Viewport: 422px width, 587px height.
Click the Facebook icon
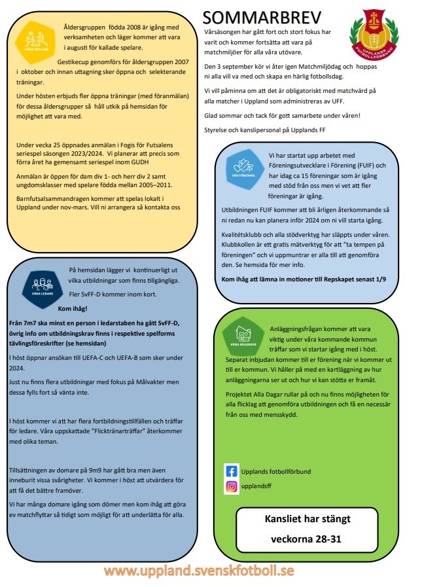click(231, 471)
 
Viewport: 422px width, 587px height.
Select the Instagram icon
click(231, 487)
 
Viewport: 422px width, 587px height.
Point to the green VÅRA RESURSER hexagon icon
click(243, 336)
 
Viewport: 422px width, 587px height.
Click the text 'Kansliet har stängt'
click(307, 519)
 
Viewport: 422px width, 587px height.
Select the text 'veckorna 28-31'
click(307, 540)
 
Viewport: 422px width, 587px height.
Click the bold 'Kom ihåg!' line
click(73, 309)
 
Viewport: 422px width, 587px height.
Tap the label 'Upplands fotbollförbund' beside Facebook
click(277, 471)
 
